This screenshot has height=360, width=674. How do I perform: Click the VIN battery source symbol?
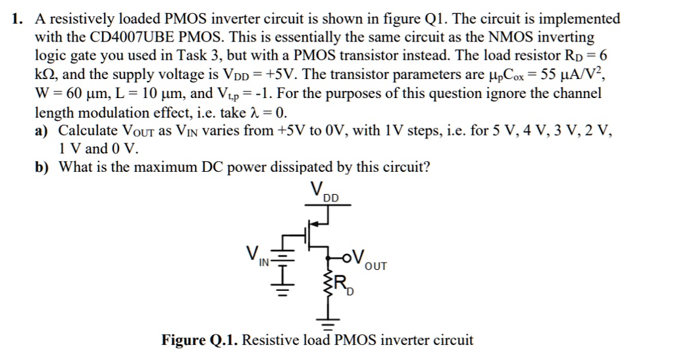point(283,262)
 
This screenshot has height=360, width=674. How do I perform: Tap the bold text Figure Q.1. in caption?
point(200,340)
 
